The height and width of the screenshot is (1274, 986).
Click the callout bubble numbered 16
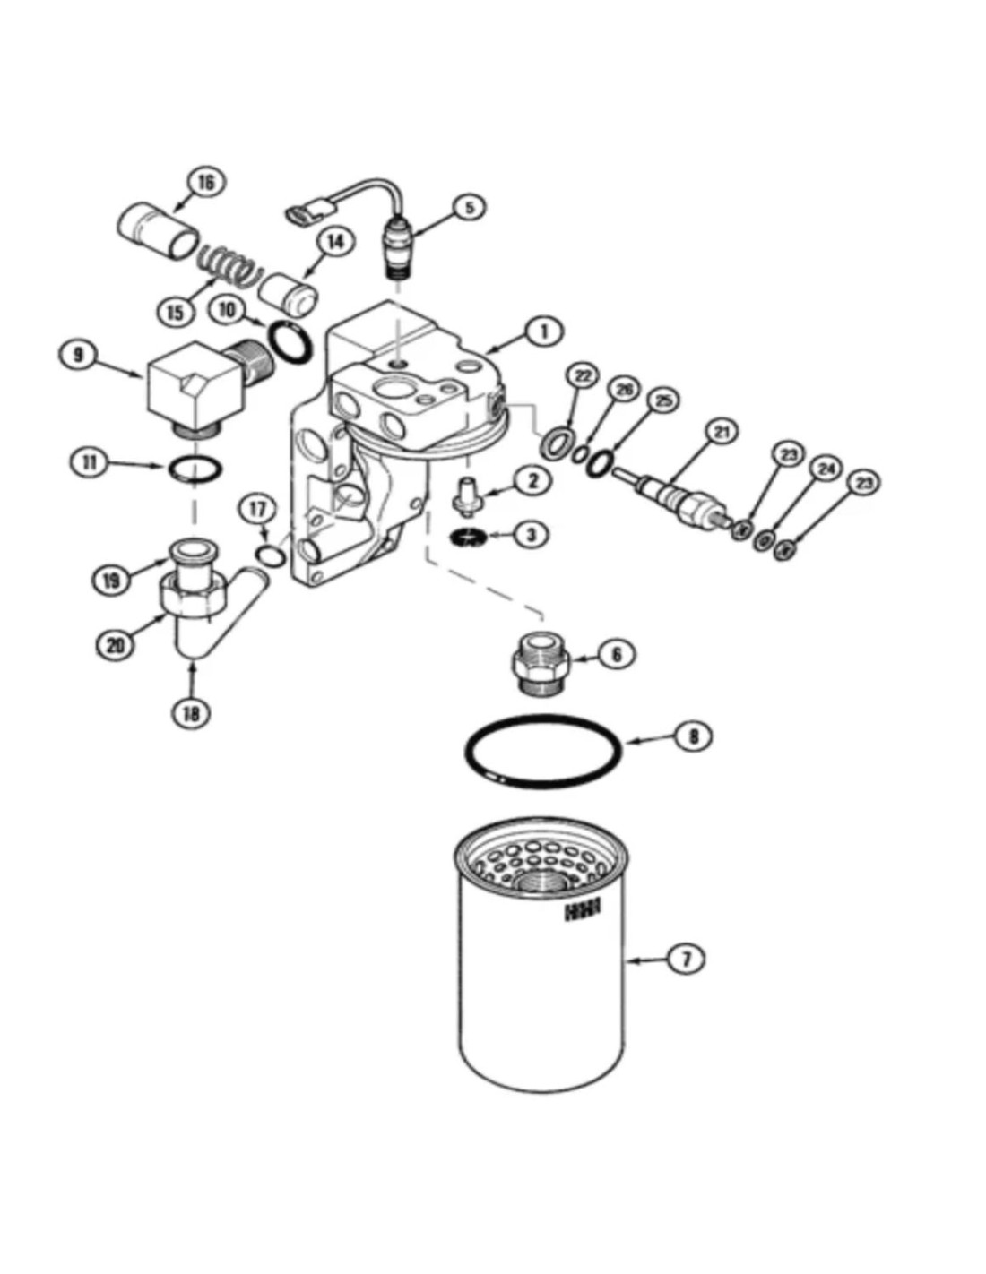coord(205,183)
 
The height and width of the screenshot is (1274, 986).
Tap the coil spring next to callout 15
coord(229,263)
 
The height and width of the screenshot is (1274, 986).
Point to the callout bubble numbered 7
coord(687,960)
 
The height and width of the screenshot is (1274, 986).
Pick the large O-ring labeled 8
coord(542,747)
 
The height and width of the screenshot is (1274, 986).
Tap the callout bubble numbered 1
coord(543,331)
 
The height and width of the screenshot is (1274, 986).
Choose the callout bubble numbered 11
coord(89,462)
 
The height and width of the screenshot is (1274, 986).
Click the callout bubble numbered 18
coord(191,713)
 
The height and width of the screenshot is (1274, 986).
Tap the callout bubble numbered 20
coord(116,644)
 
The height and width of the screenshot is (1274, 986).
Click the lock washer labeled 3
coord(469,537)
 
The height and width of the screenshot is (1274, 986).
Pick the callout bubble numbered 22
coord(584,377)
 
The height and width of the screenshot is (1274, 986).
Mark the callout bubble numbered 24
coord(826,469)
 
